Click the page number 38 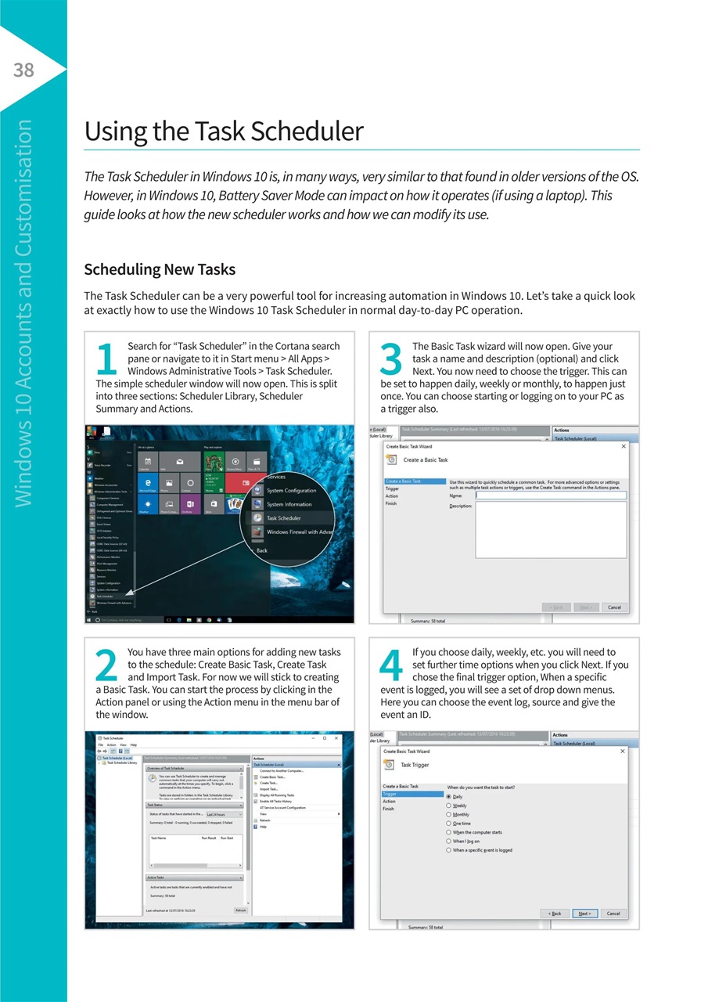tap(23, 70)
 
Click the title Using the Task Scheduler tap(224, 131)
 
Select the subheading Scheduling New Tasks tap(160, 270)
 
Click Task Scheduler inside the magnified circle tap(283, 518)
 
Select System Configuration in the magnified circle tap(291, 491)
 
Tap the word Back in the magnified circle tap(262, 550)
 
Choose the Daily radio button tap(450, 796)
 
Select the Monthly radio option tap(450, 814)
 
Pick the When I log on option tap(450, 841)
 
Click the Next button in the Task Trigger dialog tap(584, 913)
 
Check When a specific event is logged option tap(450, 850)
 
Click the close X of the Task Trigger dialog tap(623, 751)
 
